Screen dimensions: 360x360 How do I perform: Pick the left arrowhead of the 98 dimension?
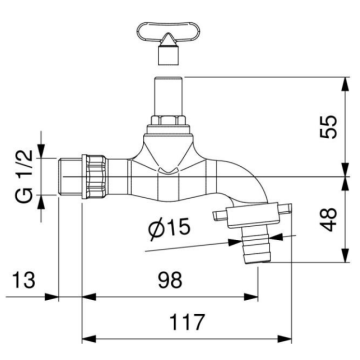pos(84,296)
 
